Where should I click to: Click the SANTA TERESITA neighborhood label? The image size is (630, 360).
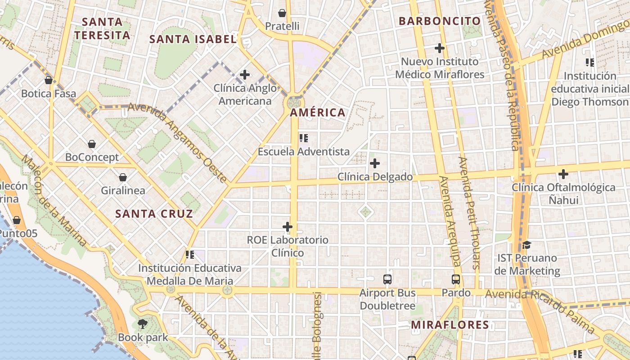pos(103,28)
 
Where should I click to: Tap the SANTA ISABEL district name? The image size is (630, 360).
pos(193,39)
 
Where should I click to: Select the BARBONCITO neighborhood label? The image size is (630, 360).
pos(440,21)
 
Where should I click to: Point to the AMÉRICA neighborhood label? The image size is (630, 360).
pos(318,112)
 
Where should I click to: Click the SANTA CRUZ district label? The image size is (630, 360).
pos(154,214)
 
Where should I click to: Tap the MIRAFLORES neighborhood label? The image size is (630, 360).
pos(450,325)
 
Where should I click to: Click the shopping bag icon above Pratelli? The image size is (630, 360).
pos(282,13)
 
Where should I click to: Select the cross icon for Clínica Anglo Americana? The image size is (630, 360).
pos(245,75)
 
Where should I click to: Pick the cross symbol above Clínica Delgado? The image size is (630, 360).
pos(374,163)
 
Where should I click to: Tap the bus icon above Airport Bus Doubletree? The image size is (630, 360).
pos(387,279)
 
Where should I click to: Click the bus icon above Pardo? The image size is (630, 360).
pos(456,279)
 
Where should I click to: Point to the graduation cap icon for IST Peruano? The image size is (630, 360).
pos(526,245)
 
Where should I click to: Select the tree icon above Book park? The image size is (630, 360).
pos(143,324)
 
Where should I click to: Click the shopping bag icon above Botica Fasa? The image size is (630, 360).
pos(49,81)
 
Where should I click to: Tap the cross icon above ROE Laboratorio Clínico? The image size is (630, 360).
pos(288,227)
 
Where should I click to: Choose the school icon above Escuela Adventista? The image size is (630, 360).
pos(304,138)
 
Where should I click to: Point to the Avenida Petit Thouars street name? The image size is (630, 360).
pos(469,212)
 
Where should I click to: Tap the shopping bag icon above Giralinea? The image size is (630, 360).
pos(123,177)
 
